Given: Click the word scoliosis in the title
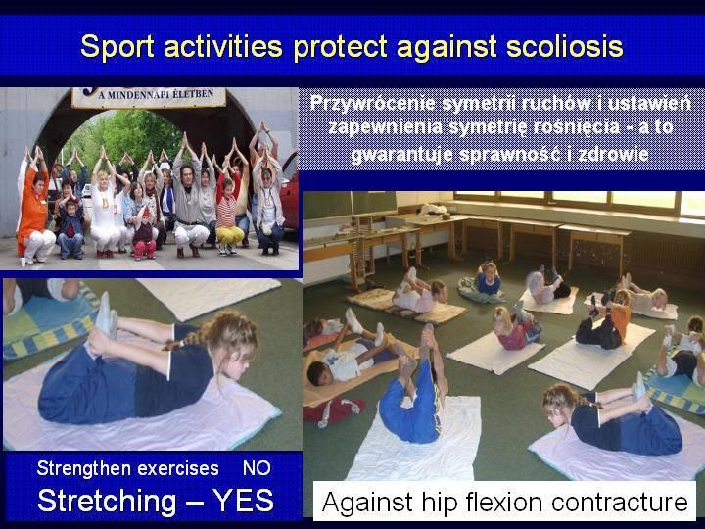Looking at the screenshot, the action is click(564, 47).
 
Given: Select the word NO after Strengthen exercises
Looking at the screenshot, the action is click(257, 468).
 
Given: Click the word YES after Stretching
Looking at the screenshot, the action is click(243, 500).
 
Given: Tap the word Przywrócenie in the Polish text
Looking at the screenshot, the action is click(373, 104).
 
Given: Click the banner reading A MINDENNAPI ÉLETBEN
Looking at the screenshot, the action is click(149, 96).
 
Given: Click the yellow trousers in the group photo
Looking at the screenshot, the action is click(229, 236).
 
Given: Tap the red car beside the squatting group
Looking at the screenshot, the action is click(290, 191).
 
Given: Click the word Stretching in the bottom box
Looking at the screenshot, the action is click(107, 501).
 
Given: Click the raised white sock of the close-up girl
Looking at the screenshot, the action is click(106, 314).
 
